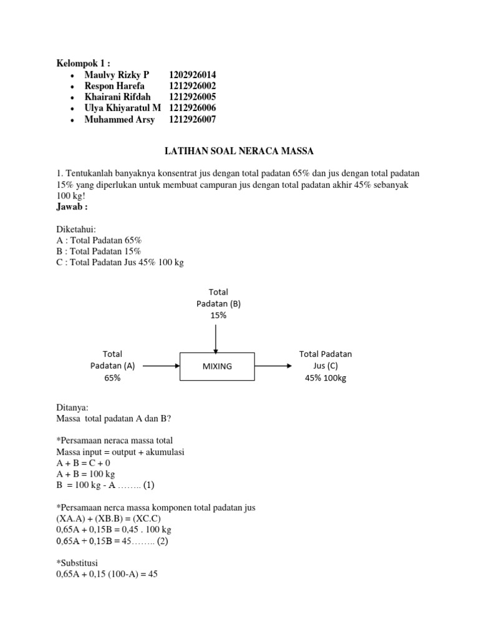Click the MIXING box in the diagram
click(x=217, y=366)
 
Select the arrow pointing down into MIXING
click(x=216, y=337)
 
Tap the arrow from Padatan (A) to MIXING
click(x=161, y=366)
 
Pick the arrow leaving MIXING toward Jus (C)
click(x=273, y=366)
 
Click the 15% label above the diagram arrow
click(x=218, y=316)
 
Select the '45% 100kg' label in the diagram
click(x=326, y=378)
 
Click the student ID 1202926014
click(x=192, y=75)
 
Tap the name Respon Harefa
click(x=114, y=86)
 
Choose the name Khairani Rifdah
click(x=118, y=97)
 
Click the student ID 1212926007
click(x=192, y=120)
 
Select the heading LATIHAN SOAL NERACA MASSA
click(x=238, y=151)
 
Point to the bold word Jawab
click(x=72, y=207)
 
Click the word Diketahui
click(x=76, y=229)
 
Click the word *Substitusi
click(x=77, y=563)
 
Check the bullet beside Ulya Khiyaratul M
click(x=74, y=109)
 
